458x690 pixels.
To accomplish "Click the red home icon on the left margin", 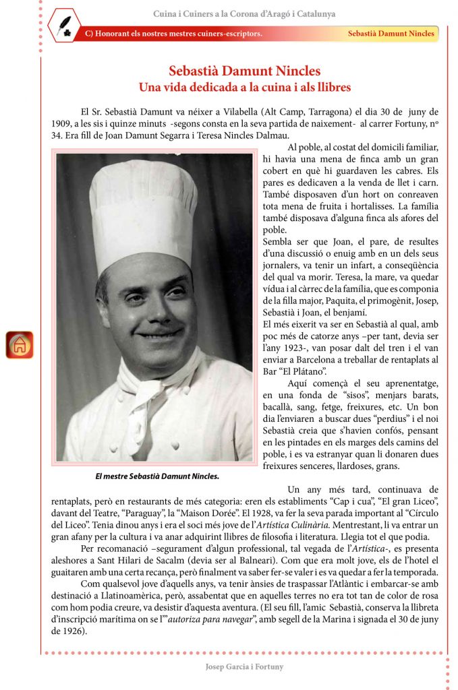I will click(x=20, y=345).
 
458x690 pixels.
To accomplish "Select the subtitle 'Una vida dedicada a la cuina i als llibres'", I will click(x=244, y=87).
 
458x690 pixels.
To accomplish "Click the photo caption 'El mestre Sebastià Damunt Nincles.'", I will click(x=157, y=476).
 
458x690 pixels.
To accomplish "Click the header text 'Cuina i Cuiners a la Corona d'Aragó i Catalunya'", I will click(x=244, y=13).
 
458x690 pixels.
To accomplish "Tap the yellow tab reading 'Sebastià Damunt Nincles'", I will click(x=391, y=34).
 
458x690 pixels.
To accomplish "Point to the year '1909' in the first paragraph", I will click(x=63, y=124).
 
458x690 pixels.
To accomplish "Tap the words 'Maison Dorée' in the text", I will click(x=219, y=513).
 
